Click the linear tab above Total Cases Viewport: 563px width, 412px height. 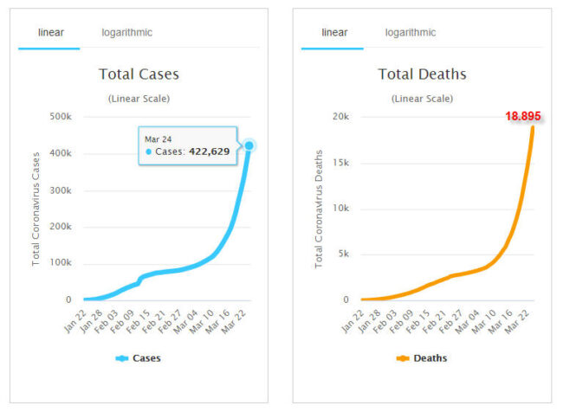coord(50,33)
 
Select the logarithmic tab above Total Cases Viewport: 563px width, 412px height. coord(126,33)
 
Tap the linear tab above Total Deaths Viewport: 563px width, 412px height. coord(334,33)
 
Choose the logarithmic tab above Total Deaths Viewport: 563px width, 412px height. coord(411,33)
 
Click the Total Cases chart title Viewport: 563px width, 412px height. coord(139,74)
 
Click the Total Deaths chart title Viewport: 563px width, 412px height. coord(422,74)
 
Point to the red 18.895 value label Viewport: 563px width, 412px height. coord(523,117)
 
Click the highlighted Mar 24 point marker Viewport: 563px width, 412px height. coord(249,145)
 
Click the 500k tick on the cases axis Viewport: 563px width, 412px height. coord(60,117)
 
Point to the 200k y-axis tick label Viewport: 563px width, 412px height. coord(60,227)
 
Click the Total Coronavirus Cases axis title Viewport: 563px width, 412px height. coord(36,209)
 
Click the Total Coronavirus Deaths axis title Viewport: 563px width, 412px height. coord(320,209)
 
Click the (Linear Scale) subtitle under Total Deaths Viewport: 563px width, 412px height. coord(422,99)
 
